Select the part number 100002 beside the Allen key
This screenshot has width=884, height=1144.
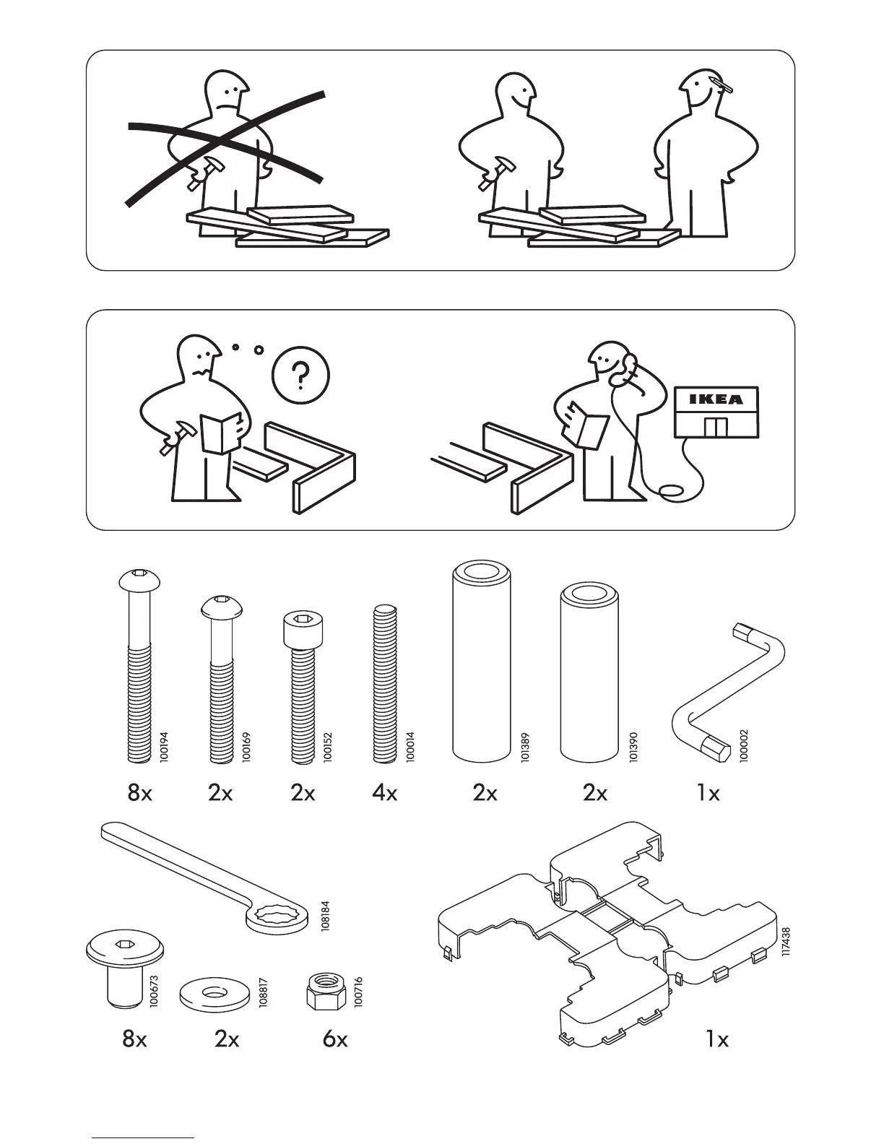(745, 746)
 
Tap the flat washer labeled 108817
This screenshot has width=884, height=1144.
(213, 993)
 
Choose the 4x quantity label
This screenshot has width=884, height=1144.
(385, 793)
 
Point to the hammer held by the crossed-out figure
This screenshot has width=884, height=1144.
(206, 171)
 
